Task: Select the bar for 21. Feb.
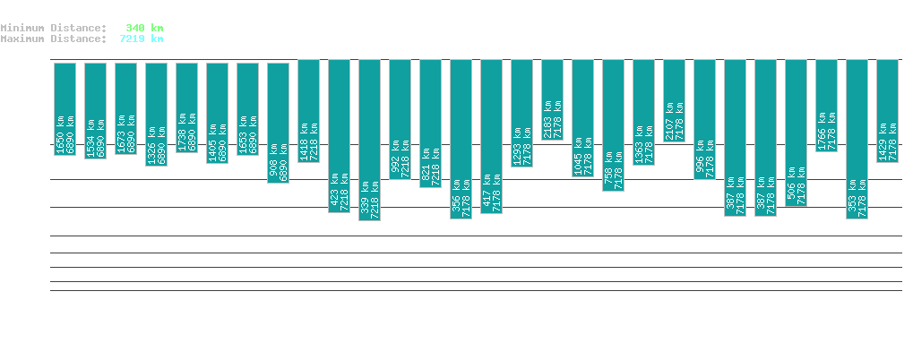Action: click(x=553, y=99)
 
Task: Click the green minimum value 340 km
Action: click(x=144, y=28)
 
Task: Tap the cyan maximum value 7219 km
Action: click(x=142, y=39)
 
